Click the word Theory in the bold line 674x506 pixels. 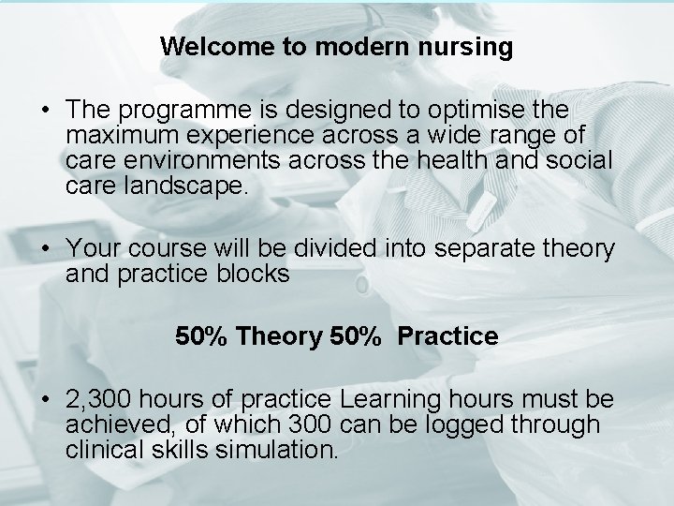coord(279,336)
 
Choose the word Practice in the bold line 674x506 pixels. coord(447,336)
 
